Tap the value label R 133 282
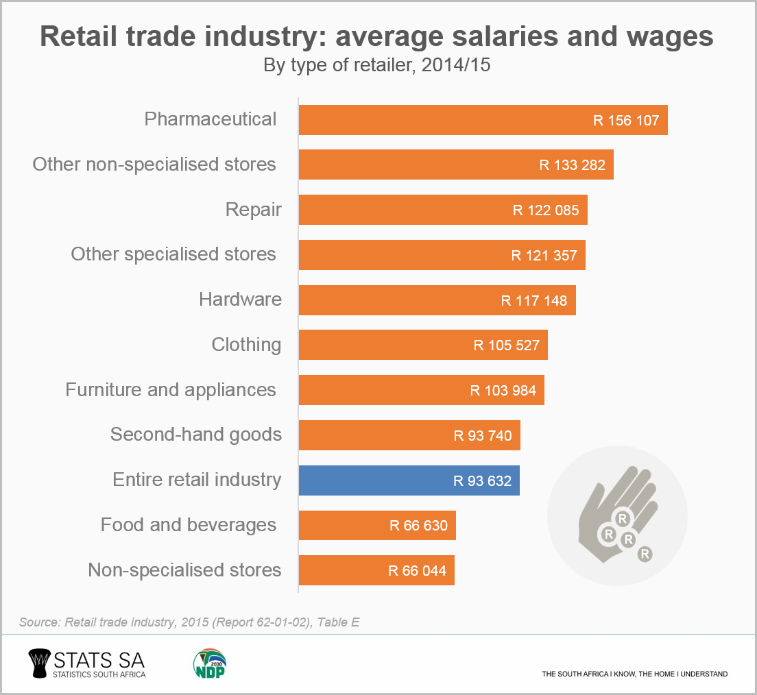pyautogui.click(x=573, y=165)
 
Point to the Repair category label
pyautogui.click(x=254, y=209)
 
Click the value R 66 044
pyautogui.click(x=417, y=571)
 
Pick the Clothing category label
pyautogui.click(x=246, y=344)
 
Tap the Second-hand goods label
pyautogui.click(x=196, y=435)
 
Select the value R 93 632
pyautogui.click(x=483, y=481)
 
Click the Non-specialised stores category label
pyautogui.click(x=185, y=570)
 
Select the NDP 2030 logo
pyautogui.click(x=210, y=663)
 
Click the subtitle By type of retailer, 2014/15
pyautogui.click(x=377, y=66)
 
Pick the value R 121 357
pyautogui.click(x=544, y=256)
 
